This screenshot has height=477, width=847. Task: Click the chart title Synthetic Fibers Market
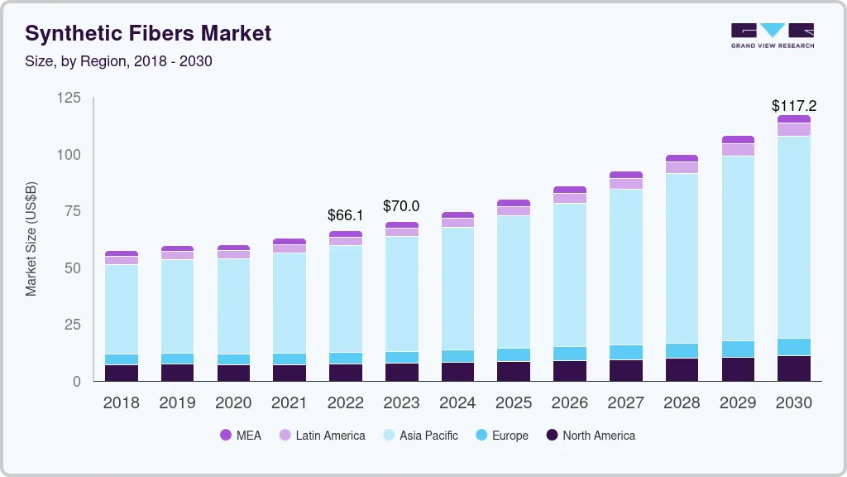click(x=148, y=34)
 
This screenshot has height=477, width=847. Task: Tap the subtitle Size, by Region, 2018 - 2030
click(x=119, y=61)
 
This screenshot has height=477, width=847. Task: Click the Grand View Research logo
click(x=772, y=35)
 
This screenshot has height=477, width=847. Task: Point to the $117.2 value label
click(x=793, y=106)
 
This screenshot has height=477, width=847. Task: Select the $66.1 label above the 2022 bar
click(x=345, y=215)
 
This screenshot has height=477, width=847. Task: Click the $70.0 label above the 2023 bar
click(x=401, y=206)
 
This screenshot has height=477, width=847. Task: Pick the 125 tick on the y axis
click(x=69, y=99)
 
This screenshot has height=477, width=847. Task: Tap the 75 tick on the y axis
click(x=72, y=211)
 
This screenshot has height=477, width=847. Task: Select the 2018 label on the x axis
click(x=121, y=403)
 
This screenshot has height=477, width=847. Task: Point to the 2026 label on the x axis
click(x=570, y=403)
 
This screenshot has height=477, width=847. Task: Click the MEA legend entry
click(x=240, y=436)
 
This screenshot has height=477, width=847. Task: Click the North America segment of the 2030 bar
click(x=794, y=369)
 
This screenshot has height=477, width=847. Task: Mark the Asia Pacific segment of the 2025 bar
click(x=514, y=282)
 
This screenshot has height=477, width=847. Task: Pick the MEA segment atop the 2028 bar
click(x=682, y=158)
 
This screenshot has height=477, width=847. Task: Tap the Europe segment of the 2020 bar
click(x=233, y=359)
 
